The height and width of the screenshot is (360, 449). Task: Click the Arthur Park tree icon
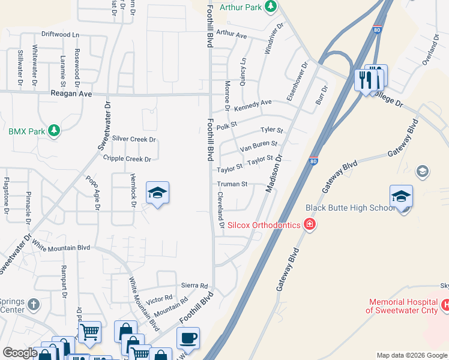click(x=271, y=7)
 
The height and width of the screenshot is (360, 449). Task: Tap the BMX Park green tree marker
click(x=54, y=131)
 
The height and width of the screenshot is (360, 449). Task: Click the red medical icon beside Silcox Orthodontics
click(x=309, y=225)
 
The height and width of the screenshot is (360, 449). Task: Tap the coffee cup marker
click(x=188, y=337)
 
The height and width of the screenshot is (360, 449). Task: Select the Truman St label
click(x=232, y=184)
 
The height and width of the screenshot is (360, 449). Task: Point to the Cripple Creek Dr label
click(x=127, y=159)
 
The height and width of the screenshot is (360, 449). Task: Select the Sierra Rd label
click(x=196, y=286)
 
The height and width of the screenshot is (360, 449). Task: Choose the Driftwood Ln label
click(x=60, y=35)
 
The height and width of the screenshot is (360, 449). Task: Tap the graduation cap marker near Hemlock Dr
click(x=157, y=193)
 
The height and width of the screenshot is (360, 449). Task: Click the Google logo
click(x=20, y=353)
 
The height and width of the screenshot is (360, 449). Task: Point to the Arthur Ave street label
click(x=232, y=35)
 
